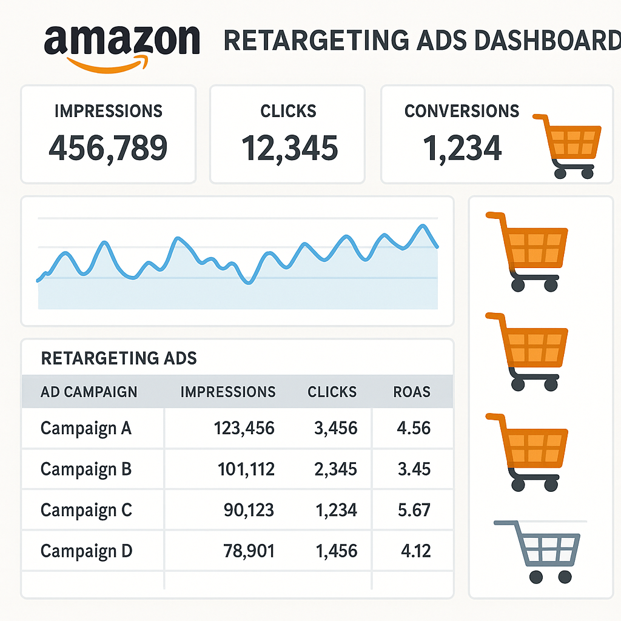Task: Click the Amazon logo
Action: pyautogui.click(x=122, y=44)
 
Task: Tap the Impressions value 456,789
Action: pyautogui.click(x=108, y=148)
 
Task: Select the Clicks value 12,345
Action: pyautogui.click(x=289, y=148)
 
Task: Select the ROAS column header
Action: pyautogui.click(x=412, y=392)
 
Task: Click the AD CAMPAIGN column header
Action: pyautogui.click(x=89, y=392)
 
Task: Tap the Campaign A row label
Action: pyautogui.click(x=86, y=429)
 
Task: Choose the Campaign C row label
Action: pyautogui.click(x=86, y=511)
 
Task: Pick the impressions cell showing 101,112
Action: pyautogui.click(x=246, y=469)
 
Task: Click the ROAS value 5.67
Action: pyautogui.click(x=413, y=511)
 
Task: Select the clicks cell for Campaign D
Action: pyautogui.click(x=335, y=551)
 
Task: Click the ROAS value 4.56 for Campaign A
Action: pyautogui.click(x=413, y=429)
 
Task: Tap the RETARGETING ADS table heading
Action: pyautogui.click(x=119, y=358)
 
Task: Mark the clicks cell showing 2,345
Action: pyautogui.click(x=335, y=469)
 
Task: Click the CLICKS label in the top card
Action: pyautogui.click(x=288, y=112)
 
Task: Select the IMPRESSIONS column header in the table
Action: pyautogui.click(x=228, y=392)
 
